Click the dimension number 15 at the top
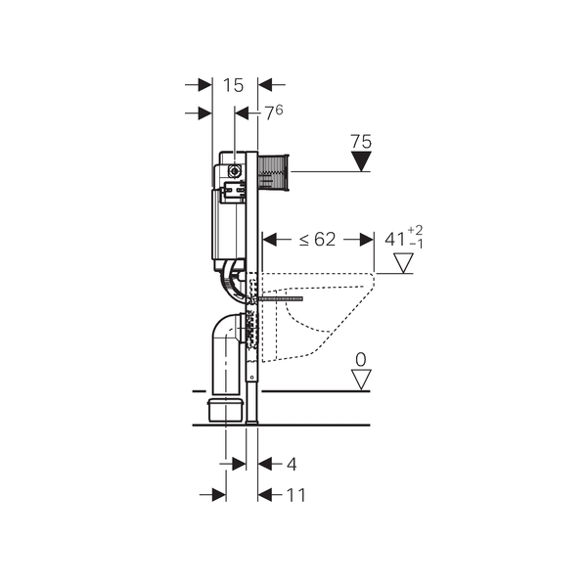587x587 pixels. [233, 85]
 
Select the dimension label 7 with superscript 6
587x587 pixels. [274, 113]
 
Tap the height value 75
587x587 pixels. [361, 142]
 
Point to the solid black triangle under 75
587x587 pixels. [361, 161]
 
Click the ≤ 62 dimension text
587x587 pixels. [317, 240]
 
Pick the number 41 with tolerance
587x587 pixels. [403, 238]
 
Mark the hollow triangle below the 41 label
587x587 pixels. [403, 263]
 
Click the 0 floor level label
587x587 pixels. [360, 360]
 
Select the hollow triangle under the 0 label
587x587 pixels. [361, 380]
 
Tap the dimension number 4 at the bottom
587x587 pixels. [292, 464]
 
